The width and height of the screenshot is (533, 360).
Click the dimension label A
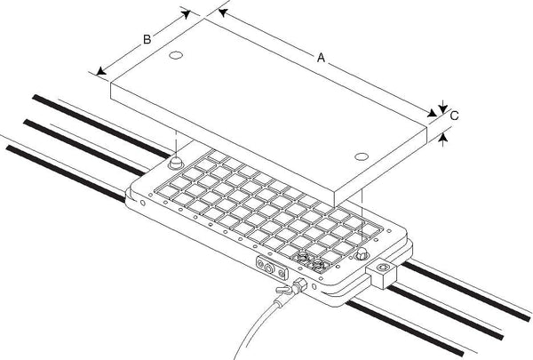(x=321, y=58)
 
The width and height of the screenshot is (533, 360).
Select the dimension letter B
(x=147, y=39)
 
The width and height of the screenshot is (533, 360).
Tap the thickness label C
(x=455, y=116)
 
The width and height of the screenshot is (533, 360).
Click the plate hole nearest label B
(x=176, y=55)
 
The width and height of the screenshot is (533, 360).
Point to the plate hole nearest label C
(x=362, y=156)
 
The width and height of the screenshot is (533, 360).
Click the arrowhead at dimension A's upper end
(x=222, y=13)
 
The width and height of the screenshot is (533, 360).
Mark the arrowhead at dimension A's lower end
(x=433, y=113)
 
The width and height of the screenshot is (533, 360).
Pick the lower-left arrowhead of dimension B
(x=101, y=71)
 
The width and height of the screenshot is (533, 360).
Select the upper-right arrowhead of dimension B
(x=186, y=14)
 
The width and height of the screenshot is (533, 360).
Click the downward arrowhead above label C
(x=442, y=108)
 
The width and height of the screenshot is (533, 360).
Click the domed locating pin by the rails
(x=176, y=163)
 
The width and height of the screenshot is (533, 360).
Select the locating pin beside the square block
(x=362, y=253)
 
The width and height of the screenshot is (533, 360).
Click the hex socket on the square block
(x=383, y=268)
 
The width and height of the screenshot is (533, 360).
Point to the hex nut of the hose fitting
(x=300, y=284)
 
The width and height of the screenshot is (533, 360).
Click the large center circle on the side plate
(x=269, y=268)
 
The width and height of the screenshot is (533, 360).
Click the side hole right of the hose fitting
(x=314, y=287)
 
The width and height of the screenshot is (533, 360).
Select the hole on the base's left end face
(x=143, y=204)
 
